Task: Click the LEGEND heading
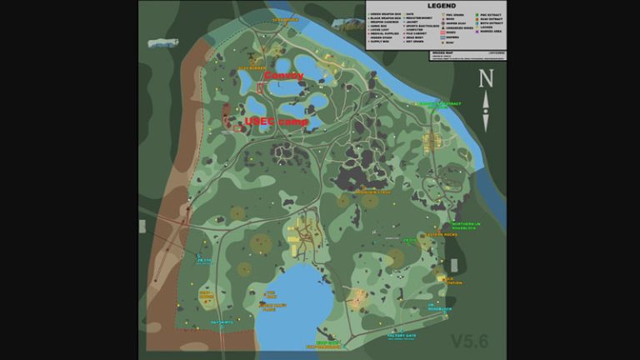[436, 6]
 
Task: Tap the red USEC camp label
[276, 122]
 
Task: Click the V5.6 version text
[471, 341]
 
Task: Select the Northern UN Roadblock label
[466, 226]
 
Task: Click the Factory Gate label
[401, 337]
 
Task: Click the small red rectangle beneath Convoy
[260, 87]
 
